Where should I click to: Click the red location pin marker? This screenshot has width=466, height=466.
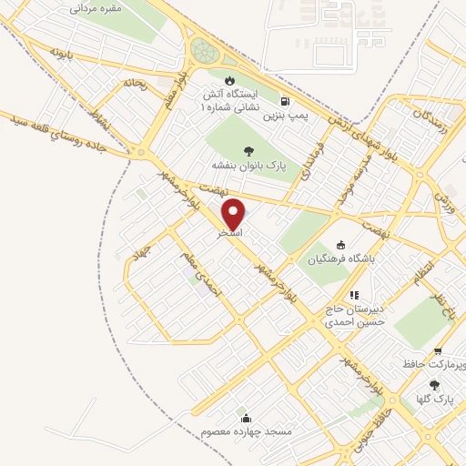(x=235, y=214)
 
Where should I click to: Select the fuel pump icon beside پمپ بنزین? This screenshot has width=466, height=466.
(x=286, y=102)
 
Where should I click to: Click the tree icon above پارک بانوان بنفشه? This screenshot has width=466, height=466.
(x=248, y=151)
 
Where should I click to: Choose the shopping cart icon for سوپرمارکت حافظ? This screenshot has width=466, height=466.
(x=438, y=351)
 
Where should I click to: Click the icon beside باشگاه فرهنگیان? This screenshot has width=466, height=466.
(x=340, y=244)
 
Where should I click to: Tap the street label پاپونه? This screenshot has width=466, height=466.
(x=61, y=48)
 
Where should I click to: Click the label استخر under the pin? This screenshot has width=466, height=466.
(x=229, y=234)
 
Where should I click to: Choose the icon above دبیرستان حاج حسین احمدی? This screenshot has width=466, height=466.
(x=354, y=295)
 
